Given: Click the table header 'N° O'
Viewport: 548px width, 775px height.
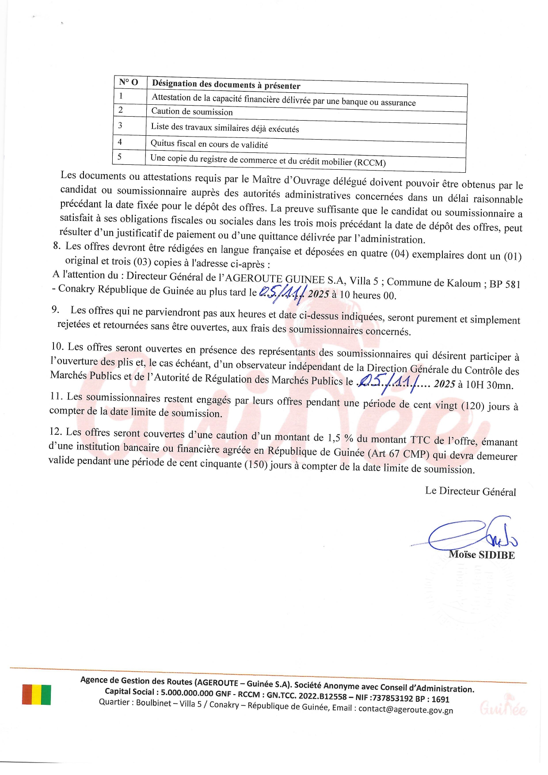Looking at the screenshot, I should (129, 82).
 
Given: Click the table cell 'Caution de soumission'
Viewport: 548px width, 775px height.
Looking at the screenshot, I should (192, 111).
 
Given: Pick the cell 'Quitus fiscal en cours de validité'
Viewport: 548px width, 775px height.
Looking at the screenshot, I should (209, 144).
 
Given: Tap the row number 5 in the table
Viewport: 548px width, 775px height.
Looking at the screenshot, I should (119, 156).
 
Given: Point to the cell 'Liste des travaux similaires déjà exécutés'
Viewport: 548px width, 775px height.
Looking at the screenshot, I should (225, 127).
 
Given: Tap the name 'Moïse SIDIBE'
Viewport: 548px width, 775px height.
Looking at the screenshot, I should (482, 555).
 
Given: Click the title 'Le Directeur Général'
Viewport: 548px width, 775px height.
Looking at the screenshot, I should (471, 491).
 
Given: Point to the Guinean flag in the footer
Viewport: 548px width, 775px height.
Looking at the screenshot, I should (36, 695).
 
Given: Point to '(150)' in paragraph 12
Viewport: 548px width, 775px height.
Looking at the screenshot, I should (255, 464).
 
